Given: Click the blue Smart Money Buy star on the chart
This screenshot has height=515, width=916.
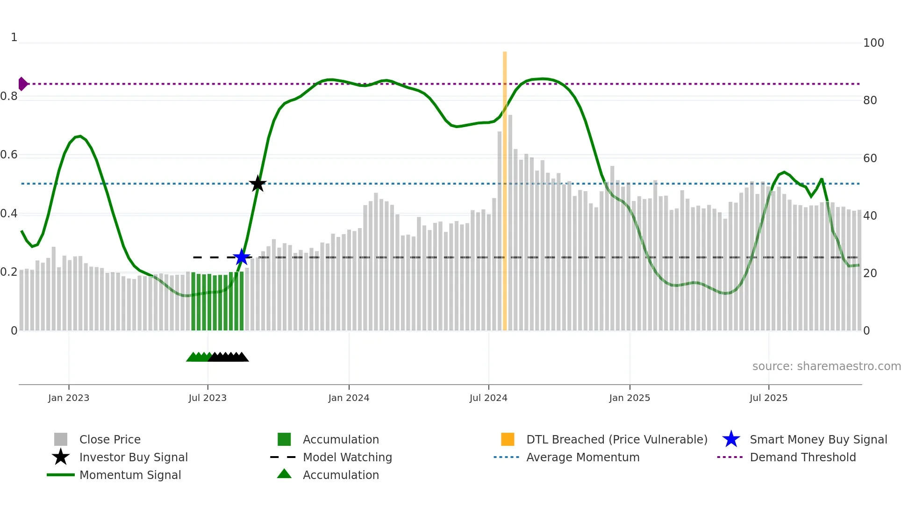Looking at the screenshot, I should [242, 257].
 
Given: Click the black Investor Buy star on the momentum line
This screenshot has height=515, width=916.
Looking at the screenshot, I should [258, 184].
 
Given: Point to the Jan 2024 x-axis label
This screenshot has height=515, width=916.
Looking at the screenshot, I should [349, 398].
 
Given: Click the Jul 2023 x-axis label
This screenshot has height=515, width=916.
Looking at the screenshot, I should [208, 398].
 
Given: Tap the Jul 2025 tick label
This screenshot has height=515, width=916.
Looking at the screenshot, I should [768, 398].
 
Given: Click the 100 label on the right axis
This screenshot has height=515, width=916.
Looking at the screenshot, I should [873, 43].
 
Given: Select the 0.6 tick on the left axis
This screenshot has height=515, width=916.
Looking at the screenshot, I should [9, 155].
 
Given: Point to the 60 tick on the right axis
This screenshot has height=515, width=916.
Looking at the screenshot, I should [870, 158].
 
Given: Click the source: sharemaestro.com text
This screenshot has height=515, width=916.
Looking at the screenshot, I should [826, 366].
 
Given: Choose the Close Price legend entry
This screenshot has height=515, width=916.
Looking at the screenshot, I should [110, 439].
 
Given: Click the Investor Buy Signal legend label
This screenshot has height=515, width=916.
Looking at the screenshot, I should [133, 457].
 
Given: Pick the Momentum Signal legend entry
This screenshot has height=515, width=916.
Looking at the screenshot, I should [130, 475].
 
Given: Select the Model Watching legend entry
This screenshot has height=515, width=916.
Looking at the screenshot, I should [347, 457].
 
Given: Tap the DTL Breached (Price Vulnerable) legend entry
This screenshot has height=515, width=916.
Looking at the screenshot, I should [616, 439].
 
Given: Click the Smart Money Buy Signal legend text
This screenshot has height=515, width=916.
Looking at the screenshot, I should [818, 439].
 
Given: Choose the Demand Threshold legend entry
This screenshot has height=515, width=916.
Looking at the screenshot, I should [802, 457].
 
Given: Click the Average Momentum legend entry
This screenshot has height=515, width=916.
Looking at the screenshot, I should [583, 457].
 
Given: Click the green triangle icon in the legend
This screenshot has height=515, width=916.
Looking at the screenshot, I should [284, 474].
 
